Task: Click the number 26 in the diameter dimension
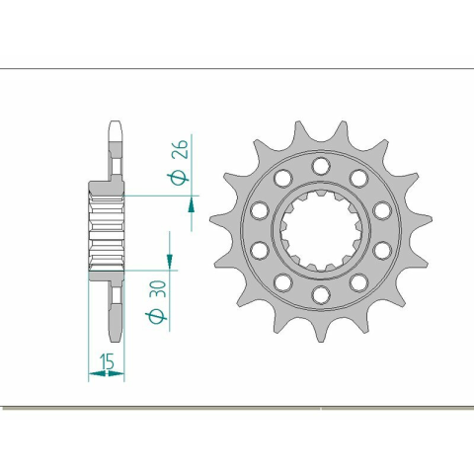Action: (x=182, y=149)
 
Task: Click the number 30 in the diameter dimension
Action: (x=159, y=288)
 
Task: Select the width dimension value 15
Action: (x=108, y=361)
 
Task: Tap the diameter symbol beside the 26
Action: (x=179, y=179)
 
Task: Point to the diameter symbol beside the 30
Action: (x=156, y=317)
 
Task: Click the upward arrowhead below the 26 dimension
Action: (x=192, y=205)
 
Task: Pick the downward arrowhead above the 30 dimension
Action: (x=170, y=261)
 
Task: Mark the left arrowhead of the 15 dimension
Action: (x=97, y=373)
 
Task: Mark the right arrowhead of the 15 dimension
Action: (x=117, y=373)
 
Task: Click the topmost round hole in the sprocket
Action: (x=321, y=166)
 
